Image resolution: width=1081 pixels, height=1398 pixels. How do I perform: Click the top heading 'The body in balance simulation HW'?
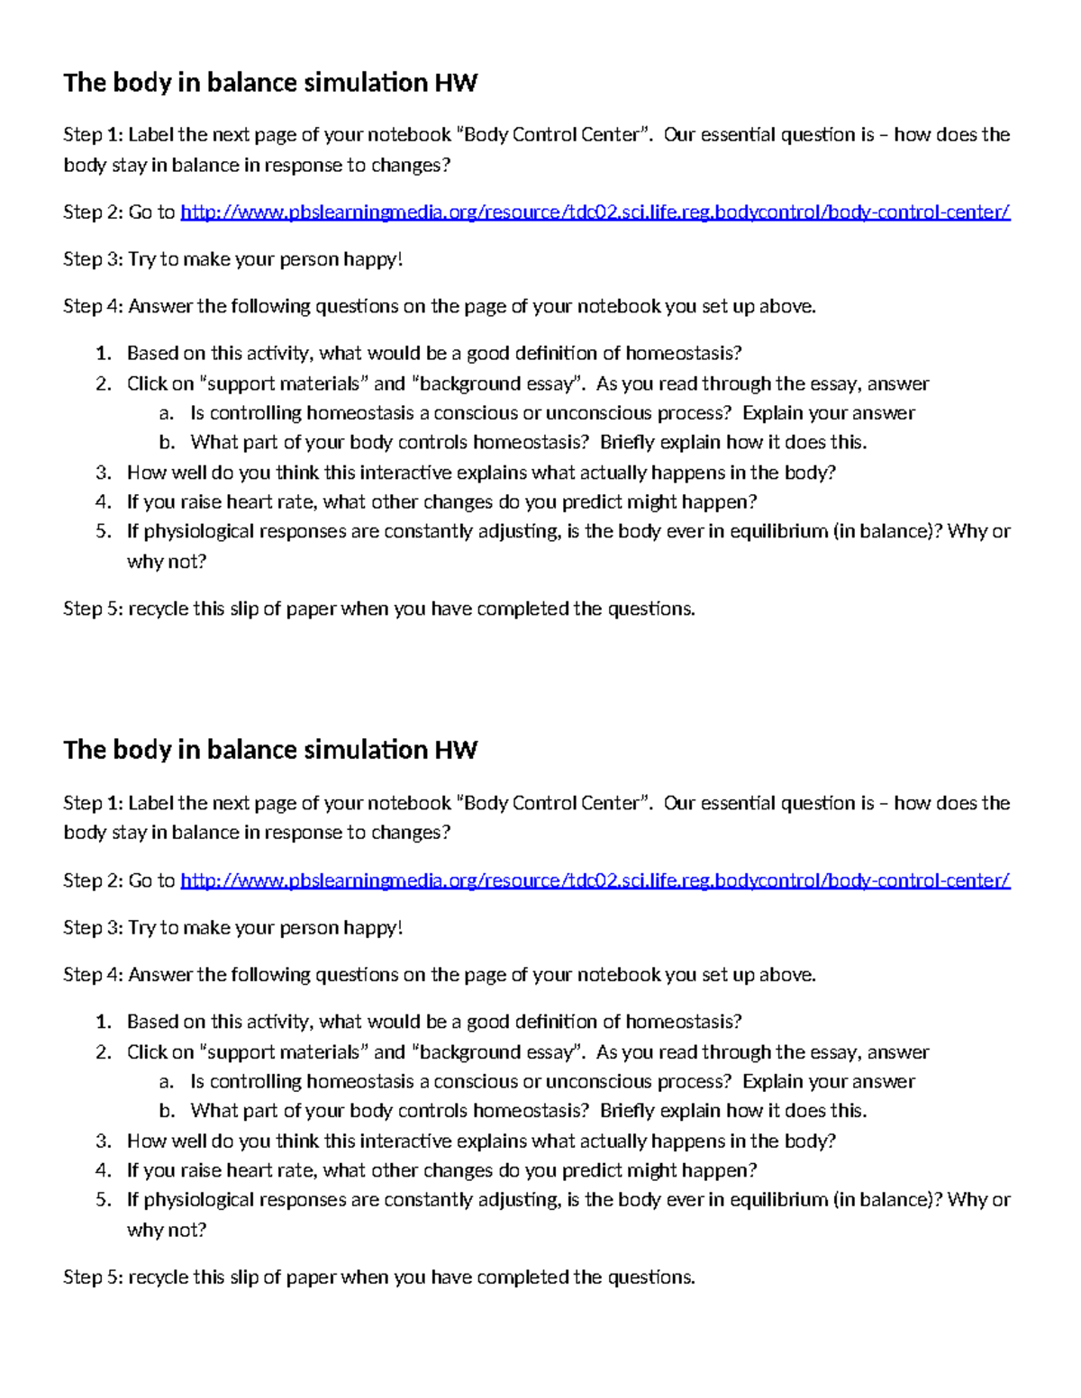(269, 83)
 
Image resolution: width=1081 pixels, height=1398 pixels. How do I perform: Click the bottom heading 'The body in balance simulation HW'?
(269, 750)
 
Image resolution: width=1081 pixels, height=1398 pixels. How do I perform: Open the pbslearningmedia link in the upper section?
(595, 212)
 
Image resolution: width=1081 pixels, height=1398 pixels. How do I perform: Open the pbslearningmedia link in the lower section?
(595, 880)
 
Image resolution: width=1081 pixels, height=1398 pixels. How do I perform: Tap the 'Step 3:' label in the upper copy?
(92, 259)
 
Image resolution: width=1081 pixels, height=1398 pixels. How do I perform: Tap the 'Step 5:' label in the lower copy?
(92, 1276)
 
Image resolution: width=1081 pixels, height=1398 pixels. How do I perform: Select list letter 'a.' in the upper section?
(165, 413)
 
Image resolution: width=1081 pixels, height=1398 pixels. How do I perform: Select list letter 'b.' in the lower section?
(166, 1111)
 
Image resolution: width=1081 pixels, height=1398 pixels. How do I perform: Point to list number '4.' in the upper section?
(104, 501)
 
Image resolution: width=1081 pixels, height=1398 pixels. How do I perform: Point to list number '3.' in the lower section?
(104, 1141)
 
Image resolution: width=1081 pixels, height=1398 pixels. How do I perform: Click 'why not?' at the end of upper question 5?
(167, 561)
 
